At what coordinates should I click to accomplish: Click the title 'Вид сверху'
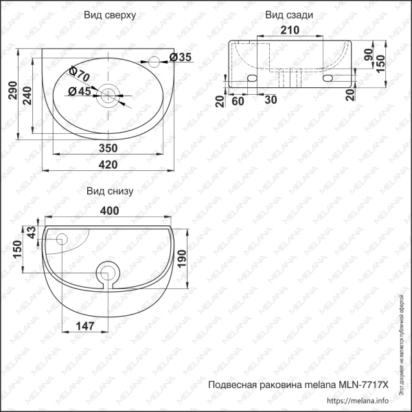[x=109, y=15]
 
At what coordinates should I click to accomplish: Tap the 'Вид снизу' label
[x=109, y=191]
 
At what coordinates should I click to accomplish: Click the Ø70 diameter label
[x=80, y=71]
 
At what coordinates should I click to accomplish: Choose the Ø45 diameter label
[x=80, y=91]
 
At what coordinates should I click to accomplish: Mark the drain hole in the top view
[x=108, y=95]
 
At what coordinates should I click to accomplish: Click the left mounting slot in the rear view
[x=252, y=79]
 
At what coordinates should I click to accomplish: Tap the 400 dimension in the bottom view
[x=109, y=211]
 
